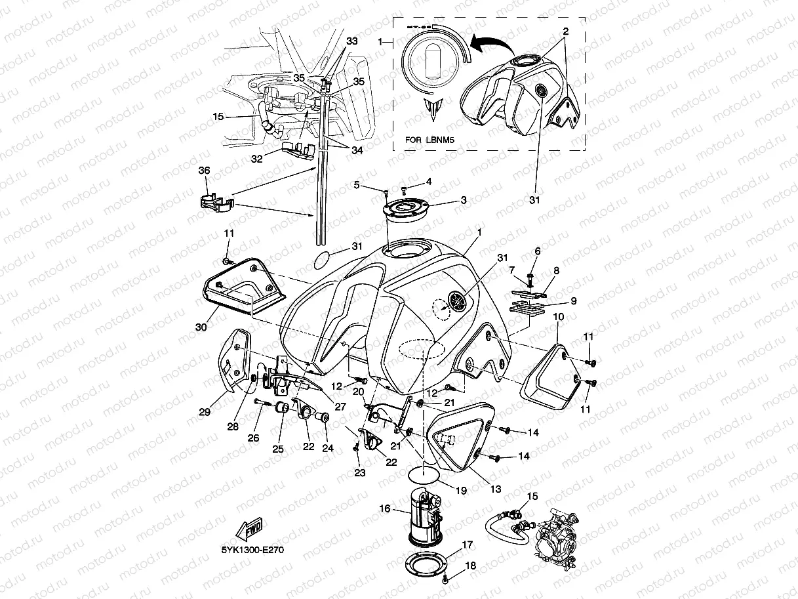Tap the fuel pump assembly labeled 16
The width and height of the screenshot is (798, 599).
(425, 518)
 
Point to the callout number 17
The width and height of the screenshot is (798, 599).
(467, 545)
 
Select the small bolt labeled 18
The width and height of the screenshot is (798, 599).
(447, 579)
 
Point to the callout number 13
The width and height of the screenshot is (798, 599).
(496, 489)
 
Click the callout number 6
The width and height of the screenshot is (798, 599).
(538, 251)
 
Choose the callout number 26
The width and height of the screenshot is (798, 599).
(254, 438)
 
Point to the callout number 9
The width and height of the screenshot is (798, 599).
(572, 301)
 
